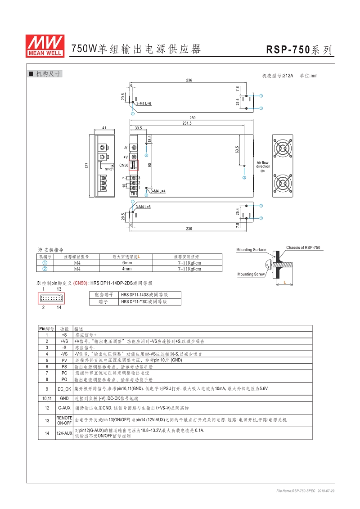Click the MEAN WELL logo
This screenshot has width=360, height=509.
click(44, 45)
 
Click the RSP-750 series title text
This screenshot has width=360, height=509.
click(299, 50)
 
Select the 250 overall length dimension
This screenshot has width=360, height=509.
click(192, 117)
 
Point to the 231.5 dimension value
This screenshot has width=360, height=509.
click(187, 123)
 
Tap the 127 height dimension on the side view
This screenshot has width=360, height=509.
click(87, 165)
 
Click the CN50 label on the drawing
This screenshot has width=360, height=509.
click(124, 165)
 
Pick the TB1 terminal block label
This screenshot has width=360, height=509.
click(134, 194)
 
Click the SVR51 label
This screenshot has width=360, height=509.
click(109, 169)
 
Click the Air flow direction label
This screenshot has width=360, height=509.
click(263, 165)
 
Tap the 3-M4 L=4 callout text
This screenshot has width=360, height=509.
click(158, 191)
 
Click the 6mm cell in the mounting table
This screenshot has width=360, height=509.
click(127, 263)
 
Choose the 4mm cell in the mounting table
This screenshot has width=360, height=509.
click(127, 269)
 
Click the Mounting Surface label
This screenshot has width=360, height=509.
click(251, 250)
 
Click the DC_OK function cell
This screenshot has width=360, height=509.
click(64, 389)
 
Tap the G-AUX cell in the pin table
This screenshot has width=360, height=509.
click(64, 408)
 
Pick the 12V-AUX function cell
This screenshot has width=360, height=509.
click(64, 433)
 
